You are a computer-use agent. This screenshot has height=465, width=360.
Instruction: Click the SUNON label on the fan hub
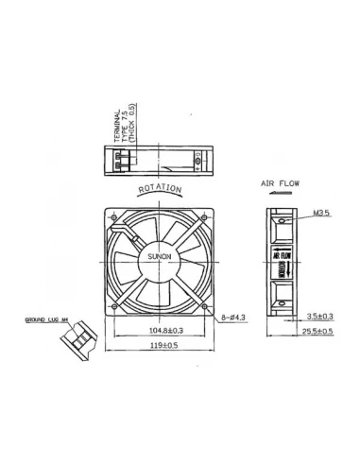tap(158, 256)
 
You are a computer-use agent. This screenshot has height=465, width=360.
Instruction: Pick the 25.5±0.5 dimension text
tap(319, 333)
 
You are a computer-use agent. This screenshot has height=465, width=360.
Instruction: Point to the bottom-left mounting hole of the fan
tap(115, 303)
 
